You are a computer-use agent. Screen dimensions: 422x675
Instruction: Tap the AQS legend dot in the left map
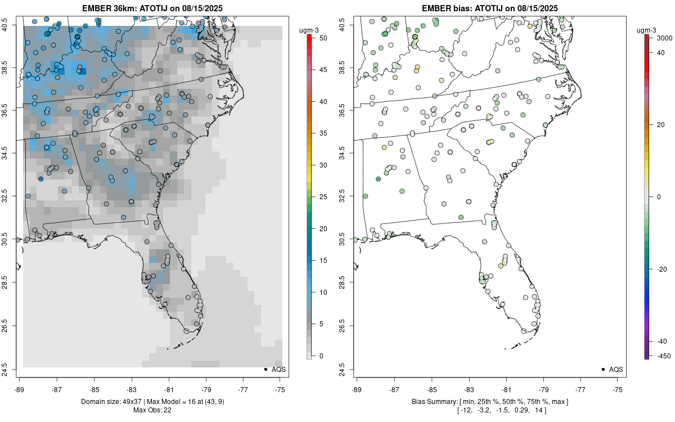265,369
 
